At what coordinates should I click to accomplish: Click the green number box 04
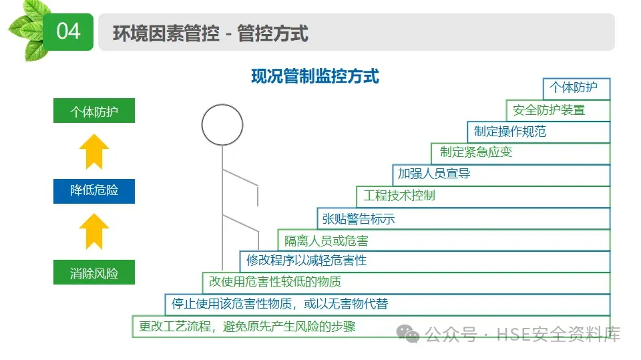pyautogui.click(x=68, y=31)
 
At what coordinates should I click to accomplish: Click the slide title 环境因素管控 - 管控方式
pyautogui.click(x=210, y=33)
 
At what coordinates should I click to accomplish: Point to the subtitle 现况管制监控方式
pyautogui.click(x=315, y=76)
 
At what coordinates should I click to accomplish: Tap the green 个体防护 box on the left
pyautogui.click(x=94, y=112)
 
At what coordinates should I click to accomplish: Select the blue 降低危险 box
pyautogui.click(x=94, y=190)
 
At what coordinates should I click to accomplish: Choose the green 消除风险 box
pyautogui.click(x=94, y=273)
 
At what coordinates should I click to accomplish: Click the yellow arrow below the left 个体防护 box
pyautogui.click(x=94, y=151)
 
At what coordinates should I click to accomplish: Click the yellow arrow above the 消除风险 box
pyautogui.click(x=94, y=231)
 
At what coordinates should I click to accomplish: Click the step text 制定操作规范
pyautogui.click(x=510, y=132)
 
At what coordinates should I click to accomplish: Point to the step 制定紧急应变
pyautogui.click(x=476, y=152)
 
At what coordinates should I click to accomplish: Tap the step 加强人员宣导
pyautogui.click(x=434, y=174)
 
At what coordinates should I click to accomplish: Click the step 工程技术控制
pyautogui.click(x=399, y=196)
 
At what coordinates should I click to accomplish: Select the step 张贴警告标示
pyautogui.click(x=359, y=218)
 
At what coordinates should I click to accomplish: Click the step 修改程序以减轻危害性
pyautogui.click(x=306, y=260)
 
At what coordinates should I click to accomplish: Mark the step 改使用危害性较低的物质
pyautogui.click(x=275, y=282)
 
